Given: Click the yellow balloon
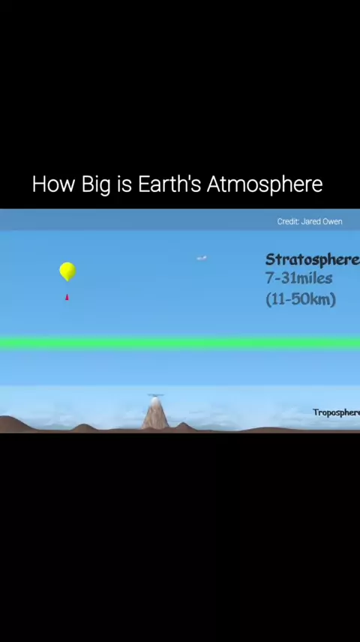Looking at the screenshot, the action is tap(67, 271).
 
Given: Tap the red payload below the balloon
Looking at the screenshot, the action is tap(67, 297).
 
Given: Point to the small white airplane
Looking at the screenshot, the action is tap(202, 258).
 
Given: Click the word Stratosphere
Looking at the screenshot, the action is tap(313, 259).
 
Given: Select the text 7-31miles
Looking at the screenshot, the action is tap(298, 278).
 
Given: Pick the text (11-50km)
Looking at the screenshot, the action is tap(301, 299).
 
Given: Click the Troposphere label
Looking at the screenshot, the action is tap(336, 412).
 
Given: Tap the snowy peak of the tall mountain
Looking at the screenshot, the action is tap(154, 401).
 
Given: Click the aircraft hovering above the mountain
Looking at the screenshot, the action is tap(155, 395).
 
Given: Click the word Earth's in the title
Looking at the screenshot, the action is tap(169, 184).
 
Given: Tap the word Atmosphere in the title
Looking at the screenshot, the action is tap(265, 184).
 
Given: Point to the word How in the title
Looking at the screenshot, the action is tap(55, 184).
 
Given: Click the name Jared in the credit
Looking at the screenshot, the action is tap(310, 221).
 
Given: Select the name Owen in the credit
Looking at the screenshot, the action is tap(331, 221).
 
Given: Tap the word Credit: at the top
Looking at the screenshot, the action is tap(288, 221).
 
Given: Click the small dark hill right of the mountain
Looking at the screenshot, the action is tap(184, 427).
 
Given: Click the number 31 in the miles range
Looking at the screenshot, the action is tap(287, 278).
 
